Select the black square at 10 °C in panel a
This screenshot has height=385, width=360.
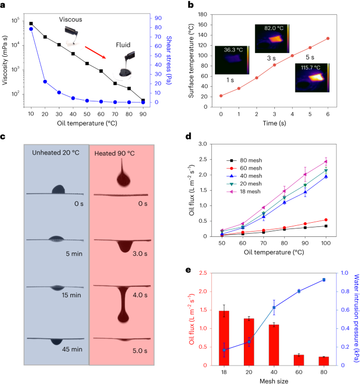[x=31, y=24]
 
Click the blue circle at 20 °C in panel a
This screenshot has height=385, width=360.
[x=45, y=81]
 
